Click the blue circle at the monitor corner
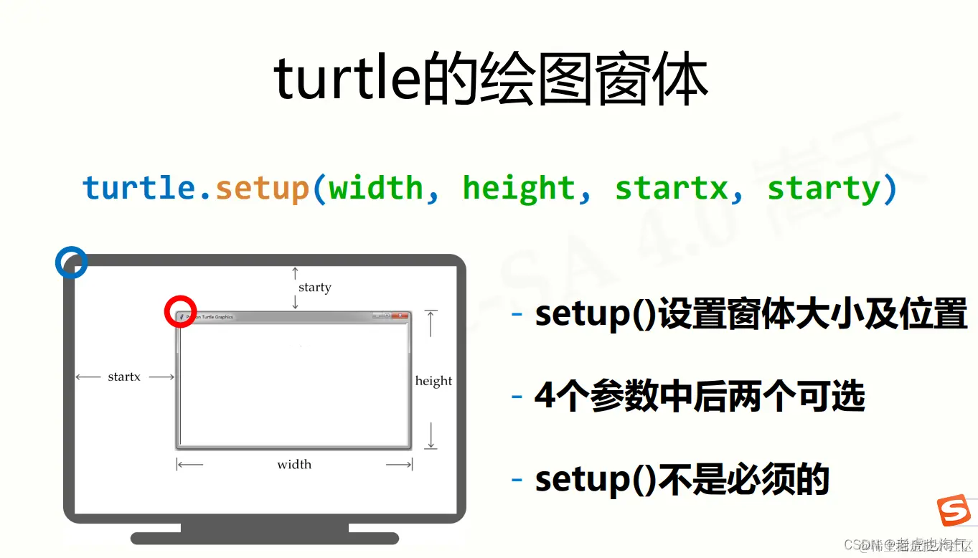point(71,263)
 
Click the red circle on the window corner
point(180,312)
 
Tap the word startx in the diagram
point(124,377)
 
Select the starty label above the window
point(314,288)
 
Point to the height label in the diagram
point(433,381)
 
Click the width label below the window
point(294,465)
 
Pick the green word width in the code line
point(375,189)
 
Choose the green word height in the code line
point(518,189)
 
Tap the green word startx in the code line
point(670,189)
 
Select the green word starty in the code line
point(823,189)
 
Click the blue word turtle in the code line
point(138,189)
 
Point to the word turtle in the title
point(345,80)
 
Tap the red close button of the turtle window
point(400,316)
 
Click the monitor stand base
point(264,538)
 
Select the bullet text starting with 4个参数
point(700,397)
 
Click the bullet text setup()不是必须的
point(682,479)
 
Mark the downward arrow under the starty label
point(295,303)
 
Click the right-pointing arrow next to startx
point(162,377)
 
